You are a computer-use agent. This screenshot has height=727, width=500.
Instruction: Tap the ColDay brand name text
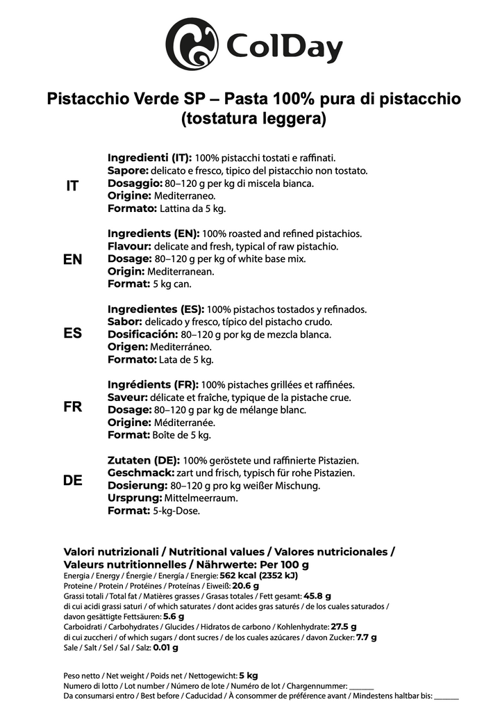pos(285,49)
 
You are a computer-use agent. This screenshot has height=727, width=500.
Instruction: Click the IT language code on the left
pos(72,186)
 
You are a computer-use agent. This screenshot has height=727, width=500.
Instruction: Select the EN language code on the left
pos(72,259)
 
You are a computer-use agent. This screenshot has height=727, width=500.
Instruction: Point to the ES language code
pos(72,333)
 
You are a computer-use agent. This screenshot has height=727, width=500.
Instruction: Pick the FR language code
pos(72,407)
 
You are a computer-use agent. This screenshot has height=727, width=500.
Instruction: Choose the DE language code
pos(72,481)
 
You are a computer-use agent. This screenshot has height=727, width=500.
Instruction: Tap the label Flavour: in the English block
pos(128,246)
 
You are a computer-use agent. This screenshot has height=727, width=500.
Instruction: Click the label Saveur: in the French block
pos(126,398)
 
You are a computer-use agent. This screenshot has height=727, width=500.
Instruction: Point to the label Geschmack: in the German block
pos(142,473)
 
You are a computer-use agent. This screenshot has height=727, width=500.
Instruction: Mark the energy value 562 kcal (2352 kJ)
pos(258,575)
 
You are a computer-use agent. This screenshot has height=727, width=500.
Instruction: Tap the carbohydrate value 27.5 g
pos(344,626)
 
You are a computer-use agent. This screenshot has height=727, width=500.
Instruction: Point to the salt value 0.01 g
pos(165,647)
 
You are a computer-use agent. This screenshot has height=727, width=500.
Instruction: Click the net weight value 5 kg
pos(249,675)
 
